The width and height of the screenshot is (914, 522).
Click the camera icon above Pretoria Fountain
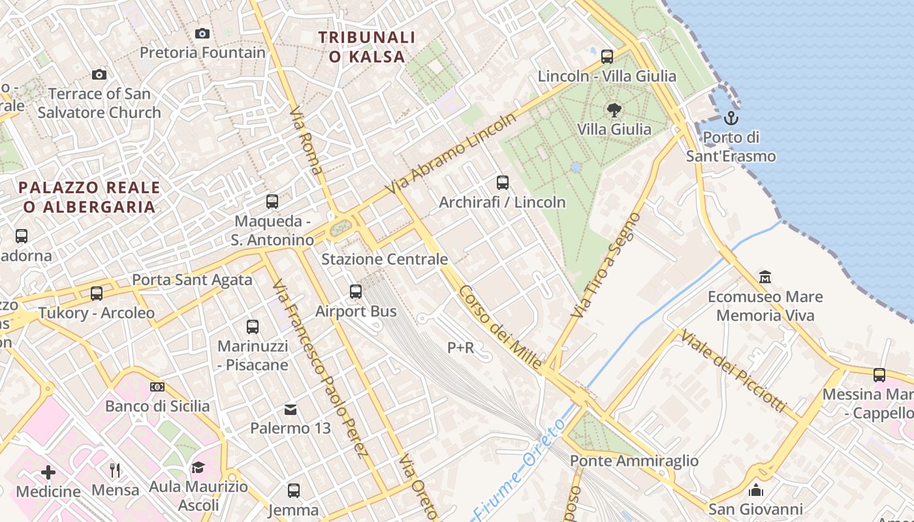point(202,33)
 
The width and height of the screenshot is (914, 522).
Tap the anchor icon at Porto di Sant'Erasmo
point(731,118)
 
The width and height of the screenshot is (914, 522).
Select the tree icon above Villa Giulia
point(614,110)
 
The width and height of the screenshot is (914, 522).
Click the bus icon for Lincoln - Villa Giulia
point(607,57)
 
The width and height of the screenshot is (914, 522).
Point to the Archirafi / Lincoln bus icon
point(502,183)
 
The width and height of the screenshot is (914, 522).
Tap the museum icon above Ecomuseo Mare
point(765,277)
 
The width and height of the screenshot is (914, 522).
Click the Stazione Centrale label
point(385,259)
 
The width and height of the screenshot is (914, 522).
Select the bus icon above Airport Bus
point(356,292)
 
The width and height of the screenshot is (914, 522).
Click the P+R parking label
point(460,348)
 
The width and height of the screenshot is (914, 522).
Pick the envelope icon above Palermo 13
point(291,409)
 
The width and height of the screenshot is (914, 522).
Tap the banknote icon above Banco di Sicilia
point(157,387)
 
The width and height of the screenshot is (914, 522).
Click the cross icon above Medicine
point(48,472)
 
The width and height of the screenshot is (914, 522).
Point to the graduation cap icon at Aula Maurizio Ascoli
point(198,467)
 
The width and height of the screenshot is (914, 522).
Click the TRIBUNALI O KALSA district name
point(367,47)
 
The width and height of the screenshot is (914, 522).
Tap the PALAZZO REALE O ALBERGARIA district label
point(89,197)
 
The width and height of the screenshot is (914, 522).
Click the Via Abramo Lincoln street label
point(450,154)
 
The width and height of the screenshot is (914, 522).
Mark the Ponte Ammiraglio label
point(634,461)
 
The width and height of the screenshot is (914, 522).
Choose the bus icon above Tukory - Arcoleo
point(97,294)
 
